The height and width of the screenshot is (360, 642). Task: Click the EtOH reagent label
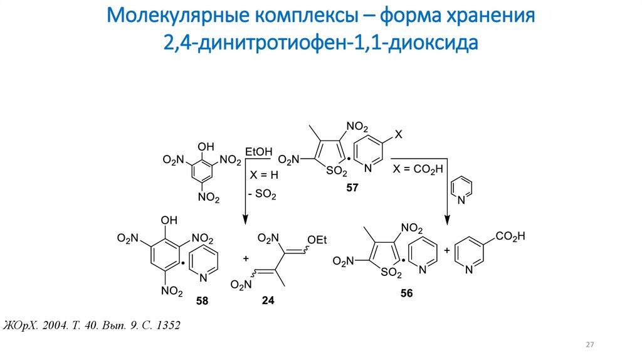pyautogui.click(x=259, y=152)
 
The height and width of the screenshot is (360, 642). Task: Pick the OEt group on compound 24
pyautogui.click(x=317, y=238)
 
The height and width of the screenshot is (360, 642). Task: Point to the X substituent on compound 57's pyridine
pyautogui.click(x=399, y=134)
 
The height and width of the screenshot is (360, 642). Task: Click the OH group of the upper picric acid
pyautogui.click(x=206, y=146)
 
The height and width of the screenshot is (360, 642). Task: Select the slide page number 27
pyautogui.click(x=589, y=345)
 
